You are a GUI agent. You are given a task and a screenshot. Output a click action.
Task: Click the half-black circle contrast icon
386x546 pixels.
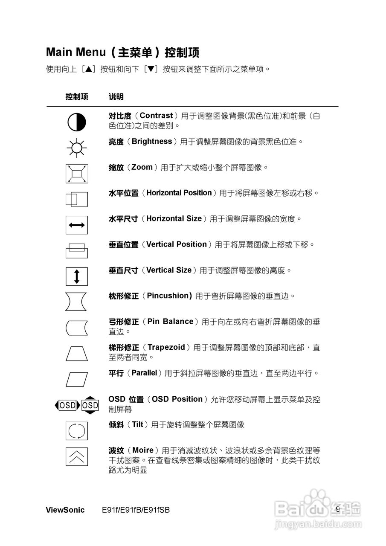pyautogui.click(x=77, y=122)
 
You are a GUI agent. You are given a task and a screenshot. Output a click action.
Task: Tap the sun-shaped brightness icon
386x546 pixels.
pyautogui.click(x=77, y=148)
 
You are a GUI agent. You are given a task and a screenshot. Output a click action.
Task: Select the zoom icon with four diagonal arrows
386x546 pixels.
pyautogui.click(x=77, y=174)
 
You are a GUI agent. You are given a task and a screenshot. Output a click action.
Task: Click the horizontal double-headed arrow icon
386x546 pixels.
pyautogui.click(x=77, y=225)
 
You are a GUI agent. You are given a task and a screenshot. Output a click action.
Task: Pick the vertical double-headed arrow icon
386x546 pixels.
pyautogui.click(x=77, y=276)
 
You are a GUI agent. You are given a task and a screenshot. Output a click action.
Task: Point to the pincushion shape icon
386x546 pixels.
pyautogui.click(x=77, y=302)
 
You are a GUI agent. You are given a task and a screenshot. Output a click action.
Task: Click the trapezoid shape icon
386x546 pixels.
pyautogui.click(x=77, y=354)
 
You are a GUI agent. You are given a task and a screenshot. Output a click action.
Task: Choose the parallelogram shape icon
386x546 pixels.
pyautogui.click(x=77, y=379)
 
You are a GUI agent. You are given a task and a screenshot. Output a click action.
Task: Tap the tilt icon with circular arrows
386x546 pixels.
pyautogui.click(x=77, y=431)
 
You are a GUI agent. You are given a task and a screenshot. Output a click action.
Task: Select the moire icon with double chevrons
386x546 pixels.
pyautogui.click(x=77, y=456)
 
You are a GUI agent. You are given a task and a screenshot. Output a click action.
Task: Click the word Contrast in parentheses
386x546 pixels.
pyautogui.click(x=156, y=116)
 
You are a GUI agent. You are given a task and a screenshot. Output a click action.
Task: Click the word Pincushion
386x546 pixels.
pyautogui.click(x=168, y=296)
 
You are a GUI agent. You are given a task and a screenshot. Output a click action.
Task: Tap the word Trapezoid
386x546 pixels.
pyautogui.click(x=166, y=347)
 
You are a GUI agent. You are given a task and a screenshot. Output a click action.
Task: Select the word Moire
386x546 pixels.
pyautogui.click(x=143, y=450)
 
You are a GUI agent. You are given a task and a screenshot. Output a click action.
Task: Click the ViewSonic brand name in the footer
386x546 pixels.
pyautogui.click(x=65, y=510)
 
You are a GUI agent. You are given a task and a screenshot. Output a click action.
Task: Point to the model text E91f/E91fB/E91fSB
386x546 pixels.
pyautogui.click(x=136, y=510)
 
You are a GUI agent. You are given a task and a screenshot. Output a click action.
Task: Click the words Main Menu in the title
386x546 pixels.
pyautogui.click(x=76, y=52)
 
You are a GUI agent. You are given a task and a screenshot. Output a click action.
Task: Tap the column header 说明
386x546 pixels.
pyautogui.click(x=116, y=97)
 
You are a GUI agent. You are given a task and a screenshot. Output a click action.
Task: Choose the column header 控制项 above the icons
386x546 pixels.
pyautogui.click(x=77, y=97)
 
